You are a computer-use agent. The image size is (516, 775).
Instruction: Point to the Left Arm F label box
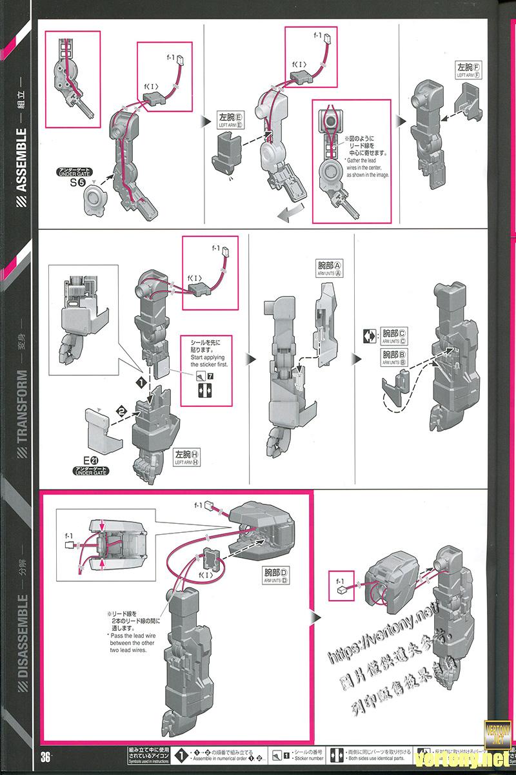[470, 69]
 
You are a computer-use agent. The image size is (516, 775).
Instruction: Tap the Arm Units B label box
[393, 357]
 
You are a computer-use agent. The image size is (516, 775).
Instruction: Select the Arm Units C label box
[393, 336]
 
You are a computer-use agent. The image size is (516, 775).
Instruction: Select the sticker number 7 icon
[206, 375]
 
